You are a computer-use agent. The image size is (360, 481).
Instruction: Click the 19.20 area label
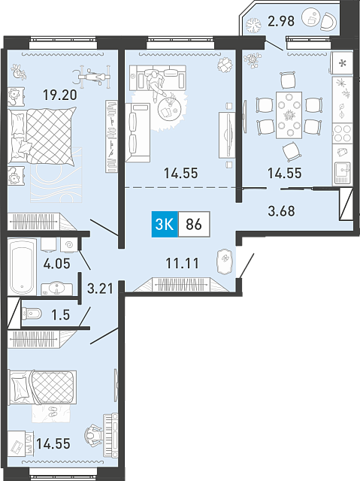[60, 95]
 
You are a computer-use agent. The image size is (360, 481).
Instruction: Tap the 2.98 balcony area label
[281, 22]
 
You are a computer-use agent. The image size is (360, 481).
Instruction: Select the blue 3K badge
[165, 224]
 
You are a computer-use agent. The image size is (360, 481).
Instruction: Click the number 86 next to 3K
[194, 224]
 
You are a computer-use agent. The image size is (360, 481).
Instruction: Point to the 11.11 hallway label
[182, 263]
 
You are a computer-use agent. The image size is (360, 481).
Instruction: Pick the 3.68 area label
[281, 211]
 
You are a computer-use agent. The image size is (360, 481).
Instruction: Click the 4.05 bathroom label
[56, 264]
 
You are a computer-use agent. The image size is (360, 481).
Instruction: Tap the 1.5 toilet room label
[61, 315]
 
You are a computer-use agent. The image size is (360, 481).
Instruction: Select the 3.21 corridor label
[100, 289]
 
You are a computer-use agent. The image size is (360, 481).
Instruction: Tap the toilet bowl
[32, 314]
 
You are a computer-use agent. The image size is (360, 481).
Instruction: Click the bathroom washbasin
[56, 289]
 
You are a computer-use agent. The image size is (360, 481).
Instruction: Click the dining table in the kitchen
[289, 115]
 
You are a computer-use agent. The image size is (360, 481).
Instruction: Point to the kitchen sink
[342, 172]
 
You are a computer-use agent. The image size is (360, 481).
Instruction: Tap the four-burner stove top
[342, 134]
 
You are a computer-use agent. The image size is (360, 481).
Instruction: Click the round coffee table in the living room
[169, 108]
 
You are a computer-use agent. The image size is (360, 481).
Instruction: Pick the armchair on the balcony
[329, 21]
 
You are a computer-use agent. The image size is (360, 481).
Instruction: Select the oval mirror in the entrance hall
[225, 261]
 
